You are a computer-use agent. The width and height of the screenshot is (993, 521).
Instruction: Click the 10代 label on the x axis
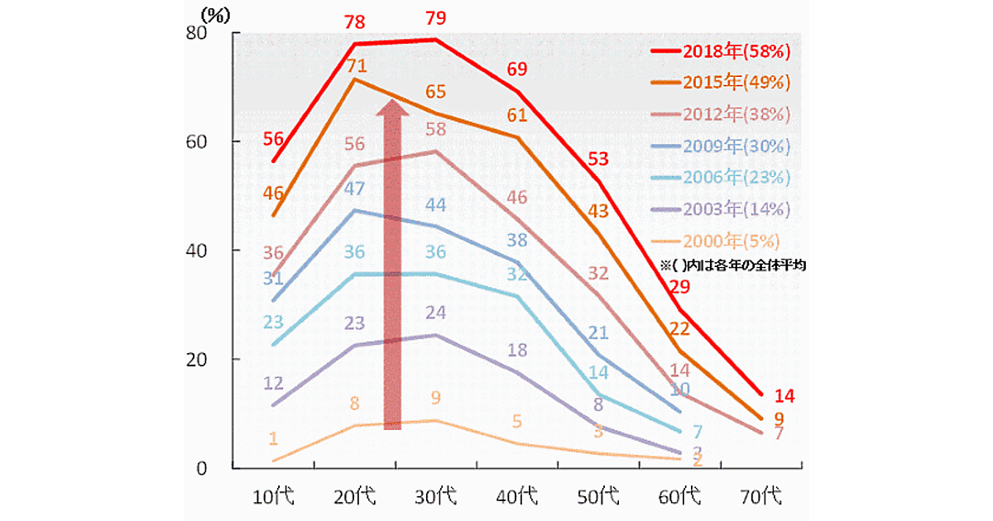(x=274, y=497)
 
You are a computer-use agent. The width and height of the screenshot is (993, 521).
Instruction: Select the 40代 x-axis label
(x=518, y=497)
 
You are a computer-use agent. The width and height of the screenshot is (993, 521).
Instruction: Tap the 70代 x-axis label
(x=760, y=497)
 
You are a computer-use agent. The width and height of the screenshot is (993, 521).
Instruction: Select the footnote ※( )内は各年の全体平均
(x=732, y=266)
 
